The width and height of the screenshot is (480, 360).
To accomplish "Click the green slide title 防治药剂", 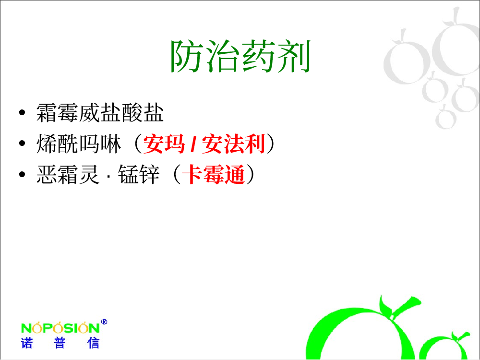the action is point(240,56).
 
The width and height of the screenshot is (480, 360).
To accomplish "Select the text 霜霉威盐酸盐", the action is point(100,113).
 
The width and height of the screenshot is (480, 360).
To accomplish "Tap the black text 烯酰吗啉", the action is point(79,144).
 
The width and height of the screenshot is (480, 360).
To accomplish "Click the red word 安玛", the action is point(164,144).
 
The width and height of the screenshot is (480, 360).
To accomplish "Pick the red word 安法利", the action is point(233,144).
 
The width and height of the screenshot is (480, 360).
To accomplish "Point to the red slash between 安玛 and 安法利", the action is point(193,144).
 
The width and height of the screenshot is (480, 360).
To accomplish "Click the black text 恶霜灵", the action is point(68,175).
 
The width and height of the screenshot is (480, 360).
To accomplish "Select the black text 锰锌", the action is point(139,175).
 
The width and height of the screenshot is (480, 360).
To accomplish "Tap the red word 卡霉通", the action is point(214,175).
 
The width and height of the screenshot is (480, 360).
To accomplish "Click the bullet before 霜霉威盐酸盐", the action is point(22,113).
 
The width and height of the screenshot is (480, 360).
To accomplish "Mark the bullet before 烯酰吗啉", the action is point(22,143).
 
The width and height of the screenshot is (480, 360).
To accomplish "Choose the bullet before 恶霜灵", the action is point(22,175).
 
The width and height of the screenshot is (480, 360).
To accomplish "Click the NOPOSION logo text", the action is point(60,327).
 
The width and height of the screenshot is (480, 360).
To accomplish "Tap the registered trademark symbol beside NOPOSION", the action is point(104,322).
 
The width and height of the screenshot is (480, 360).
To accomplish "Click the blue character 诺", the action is point(26,343).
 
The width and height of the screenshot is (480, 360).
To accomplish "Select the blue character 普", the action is point(60,343).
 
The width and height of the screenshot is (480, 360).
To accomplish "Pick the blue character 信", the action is point(93,343).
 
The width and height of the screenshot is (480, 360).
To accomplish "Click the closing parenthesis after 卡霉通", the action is point(251,175).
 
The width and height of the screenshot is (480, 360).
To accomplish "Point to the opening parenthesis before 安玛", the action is point(138,144).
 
